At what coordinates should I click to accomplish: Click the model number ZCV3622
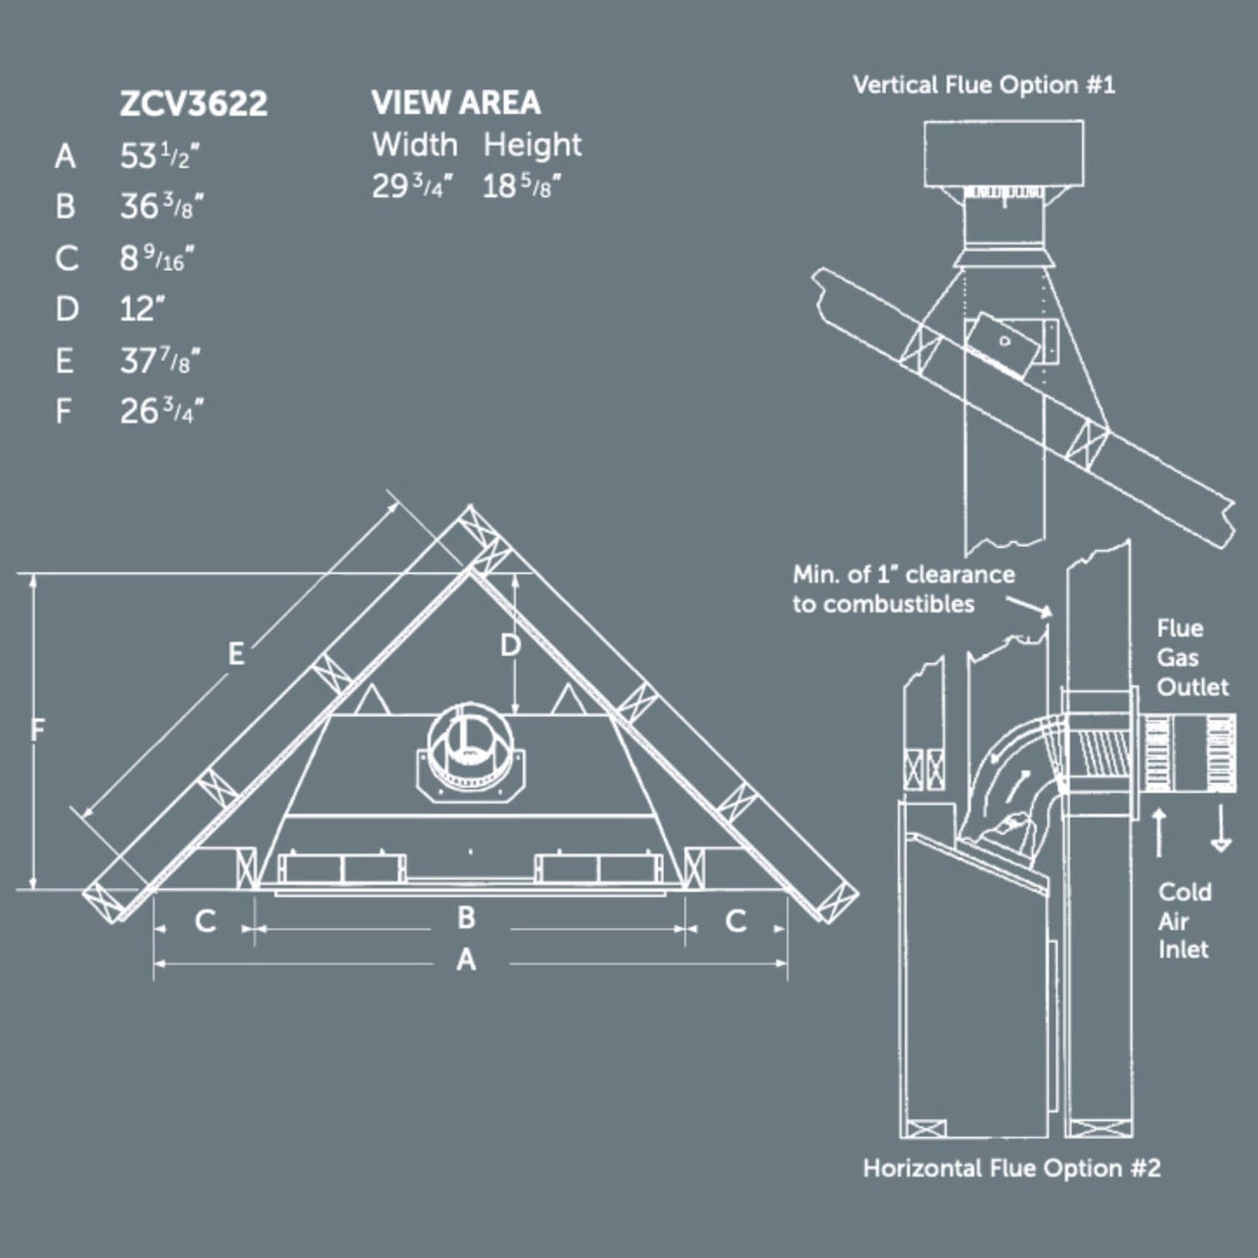(193, 104)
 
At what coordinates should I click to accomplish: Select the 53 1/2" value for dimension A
(159, 156)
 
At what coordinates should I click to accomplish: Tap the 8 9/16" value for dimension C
(156, 259)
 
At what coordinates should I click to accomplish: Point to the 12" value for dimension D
(142, 308)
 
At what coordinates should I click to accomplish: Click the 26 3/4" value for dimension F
(162, 411)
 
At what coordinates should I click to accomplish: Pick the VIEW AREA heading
(456, 102)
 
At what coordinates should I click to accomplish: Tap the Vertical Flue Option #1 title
(984, 85)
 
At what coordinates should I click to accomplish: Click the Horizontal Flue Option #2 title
(1012, 1168)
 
